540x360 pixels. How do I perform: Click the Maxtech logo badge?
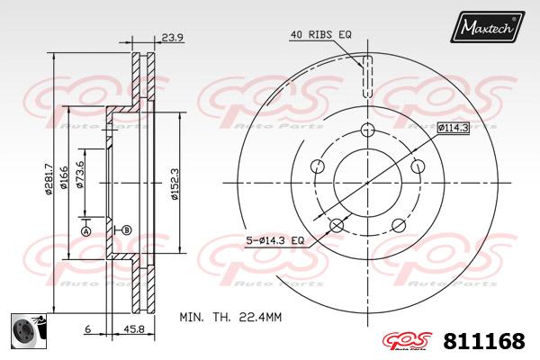pyautogui.click(x=487, y=26)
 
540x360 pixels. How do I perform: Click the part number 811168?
pyautogui.click(x=484, y=341)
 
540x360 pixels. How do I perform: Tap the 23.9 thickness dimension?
pyautogui.click(x=172, y=37)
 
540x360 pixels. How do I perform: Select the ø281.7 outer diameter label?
pyautogui.click(x=49, y=179)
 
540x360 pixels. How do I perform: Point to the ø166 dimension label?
pyautogui.click(x=64, y=177)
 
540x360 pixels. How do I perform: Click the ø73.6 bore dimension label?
pyautogui.click(x=80, y=175)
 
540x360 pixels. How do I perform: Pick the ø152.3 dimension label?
pyautogui.click(x=175, y=184)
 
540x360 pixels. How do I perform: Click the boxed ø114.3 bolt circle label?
pyautogui.click(x=454, y=128)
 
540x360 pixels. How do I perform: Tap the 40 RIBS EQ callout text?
pyautogui.click(x=321, y=34)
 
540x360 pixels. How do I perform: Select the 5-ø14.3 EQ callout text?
pyautogui.click(x=275, y=240)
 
